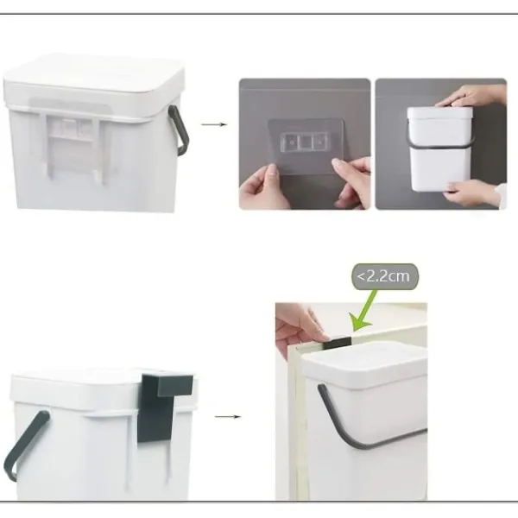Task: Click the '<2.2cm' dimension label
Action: (x=383, y=276)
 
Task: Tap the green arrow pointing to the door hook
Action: (x=363, y=311)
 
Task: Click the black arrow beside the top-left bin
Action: (x=214, y=124)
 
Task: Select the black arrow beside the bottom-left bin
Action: (x=228, y=417)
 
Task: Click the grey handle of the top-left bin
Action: (x=180, y=130)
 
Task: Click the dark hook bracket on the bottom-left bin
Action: (x=163, y=407)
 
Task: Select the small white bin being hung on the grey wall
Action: (x=439, y=148)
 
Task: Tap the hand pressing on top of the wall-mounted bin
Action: (x=472, y=96)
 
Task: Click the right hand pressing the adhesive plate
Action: (x=353, y=181)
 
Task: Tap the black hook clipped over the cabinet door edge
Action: (x=337, y=344)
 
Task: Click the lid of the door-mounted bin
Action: (x=363, y=362)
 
